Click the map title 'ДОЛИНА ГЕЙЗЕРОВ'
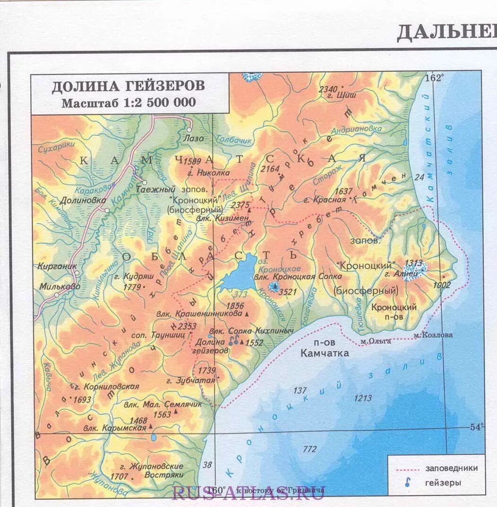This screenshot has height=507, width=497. [x=128, y=86]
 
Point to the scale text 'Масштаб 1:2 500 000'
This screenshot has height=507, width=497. [x=128, y=102]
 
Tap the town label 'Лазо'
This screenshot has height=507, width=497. [x=194, y=139]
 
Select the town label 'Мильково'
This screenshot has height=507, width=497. [x=60, y=286]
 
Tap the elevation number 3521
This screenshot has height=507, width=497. [x=288, y=292]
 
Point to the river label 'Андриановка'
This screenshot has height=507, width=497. [x=356, y=129]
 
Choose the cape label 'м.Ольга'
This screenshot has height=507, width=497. [x=375, y=340]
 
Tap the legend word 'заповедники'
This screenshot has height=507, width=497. [x=451, y=468]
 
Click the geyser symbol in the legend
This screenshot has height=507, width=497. [x=406, y=482]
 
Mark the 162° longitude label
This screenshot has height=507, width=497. [x=435, y=78]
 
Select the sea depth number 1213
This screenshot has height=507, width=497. [x=363, y=398]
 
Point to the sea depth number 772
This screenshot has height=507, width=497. [x=309, y=449]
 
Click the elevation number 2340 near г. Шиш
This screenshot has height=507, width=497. [x=328, y=89]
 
